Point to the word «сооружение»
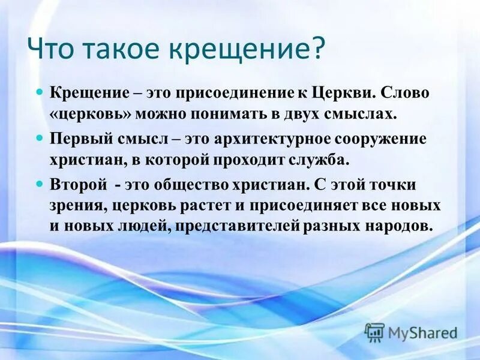click(377, 139)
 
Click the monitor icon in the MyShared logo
click(374, 331)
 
